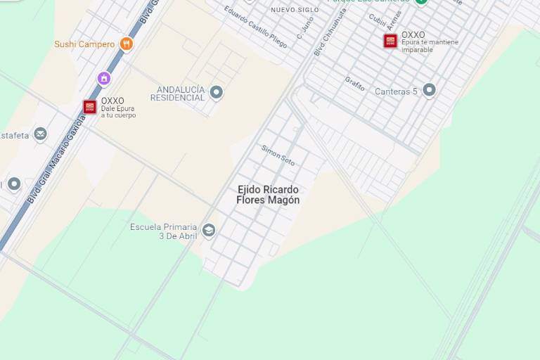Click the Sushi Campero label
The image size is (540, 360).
84,44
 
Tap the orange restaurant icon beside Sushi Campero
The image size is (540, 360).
127,44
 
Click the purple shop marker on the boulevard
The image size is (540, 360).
104,78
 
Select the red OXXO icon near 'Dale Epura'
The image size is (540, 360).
90,107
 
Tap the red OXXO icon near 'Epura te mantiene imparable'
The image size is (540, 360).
390,41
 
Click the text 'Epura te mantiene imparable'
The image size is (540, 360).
430,46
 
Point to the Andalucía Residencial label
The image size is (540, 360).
181,94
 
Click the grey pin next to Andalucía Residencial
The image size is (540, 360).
217,92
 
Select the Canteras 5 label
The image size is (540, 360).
396,91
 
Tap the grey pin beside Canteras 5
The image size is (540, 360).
429,90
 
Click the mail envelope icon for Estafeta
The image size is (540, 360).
41,134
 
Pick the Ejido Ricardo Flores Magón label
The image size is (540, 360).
268,195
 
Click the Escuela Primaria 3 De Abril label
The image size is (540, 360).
164,231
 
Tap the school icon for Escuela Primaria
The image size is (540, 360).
208,230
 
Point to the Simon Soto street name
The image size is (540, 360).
278,155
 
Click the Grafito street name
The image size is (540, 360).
355,84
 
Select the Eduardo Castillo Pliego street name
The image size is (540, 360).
255,27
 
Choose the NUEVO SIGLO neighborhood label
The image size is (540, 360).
295,10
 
